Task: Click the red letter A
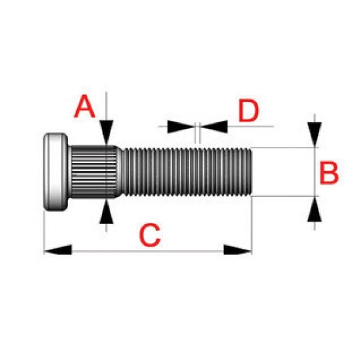85,107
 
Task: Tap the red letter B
329,173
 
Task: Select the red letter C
149,235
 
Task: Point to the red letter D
249,111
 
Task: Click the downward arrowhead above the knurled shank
106,133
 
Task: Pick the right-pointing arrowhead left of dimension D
181,127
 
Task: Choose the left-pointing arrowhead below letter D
214,127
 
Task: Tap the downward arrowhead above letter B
314,135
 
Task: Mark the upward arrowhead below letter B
314,209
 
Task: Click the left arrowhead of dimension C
57,250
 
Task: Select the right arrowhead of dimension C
238,250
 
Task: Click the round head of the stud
56,172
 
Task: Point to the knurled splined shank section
94,172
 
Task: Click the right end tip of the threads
252,172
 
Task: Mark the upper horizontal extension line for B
285,148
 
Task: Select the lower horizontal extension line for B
285,196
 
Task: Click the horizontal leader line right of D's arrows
251,126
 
